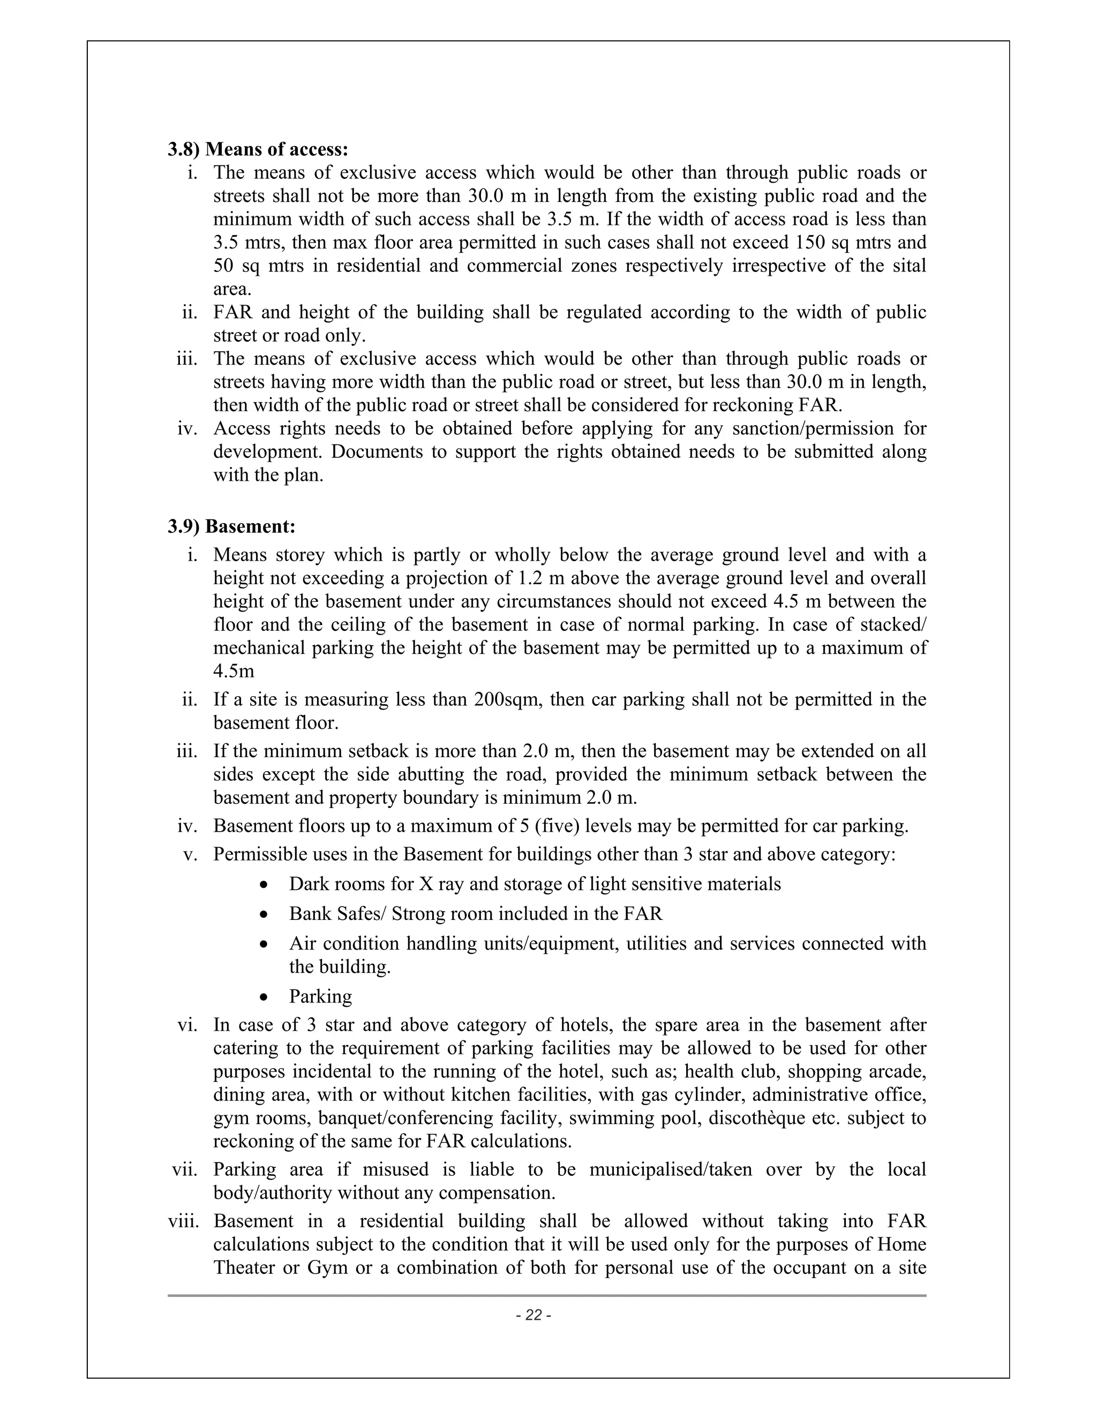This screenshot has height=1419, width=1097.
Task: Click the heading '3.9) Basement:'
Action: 231,526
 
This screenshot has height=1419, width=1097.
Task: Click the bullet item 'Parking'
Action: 320,996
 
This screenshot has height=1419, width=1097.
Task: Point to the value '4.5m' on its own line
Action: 234,671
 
